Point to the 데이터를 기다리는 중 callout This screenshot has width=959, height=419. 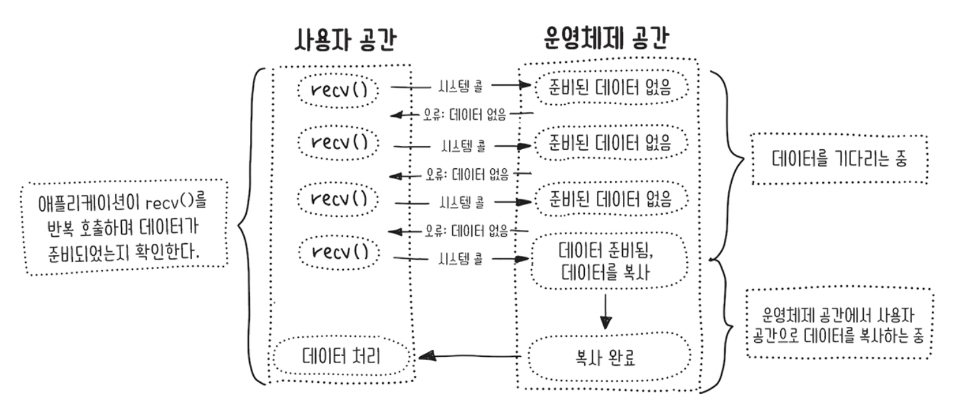(839, 159)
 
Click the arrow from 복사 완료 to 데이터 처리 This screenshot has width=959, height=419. (473, 357)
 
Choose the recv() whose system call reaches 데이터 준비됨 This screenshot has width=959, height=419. (341, 251)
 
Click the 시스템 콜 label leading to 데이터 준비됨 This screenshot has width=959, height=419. (461, 258)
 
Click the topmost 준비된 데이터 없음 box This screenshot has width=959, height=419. (611, 89)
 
